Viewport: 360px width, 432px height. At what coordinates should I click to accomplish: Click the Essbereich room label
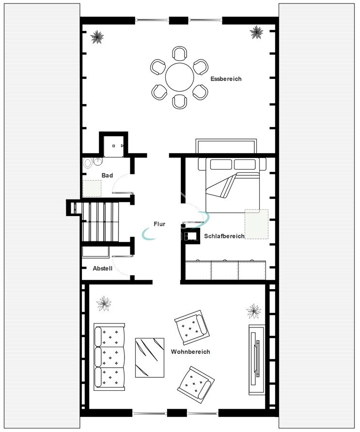(x=226, y=79)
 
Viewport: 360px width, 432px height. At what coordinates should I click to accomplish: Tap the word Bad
(x=107, y=175)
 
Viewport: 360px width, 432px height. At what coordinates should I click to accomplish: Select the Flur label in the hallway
(x=159, y=224)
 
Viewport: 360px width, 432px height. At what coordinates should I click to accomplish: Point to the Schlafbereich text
(x=224, y=236)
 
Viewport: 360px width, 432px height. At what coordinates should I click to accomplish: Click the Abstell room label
(x=103, y=268)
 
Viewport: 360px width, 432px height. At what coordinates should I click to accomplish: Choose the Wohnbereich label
(x=190, y=352)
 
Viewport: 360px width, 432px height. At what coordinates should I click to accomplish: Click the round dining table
(x=179, y=77)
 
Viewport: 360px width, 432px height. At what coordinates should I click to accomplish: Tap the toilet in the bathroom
(x=88, y=163)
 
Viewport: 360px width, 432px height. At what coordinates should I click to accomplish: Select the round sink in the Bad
(x=97, y=161)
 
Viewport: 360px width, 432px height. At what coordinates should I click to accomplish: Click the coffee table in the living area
(x=150, y=357)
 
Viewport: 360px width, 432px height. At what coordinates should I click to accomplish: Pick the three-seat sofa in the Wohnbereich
(x=109, y=357)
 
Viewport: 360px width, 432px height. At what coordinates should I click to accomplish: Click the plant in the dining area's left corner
(x=97, y=37)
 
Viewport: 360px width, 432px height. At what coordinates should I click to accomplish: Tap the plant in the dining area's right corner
(x=256, y=32)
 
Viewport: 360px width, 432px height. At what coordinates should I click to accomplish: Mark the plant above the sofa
(x=104, y=304)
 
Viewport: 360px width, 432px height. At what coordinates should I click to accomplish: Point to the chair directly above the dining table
(x=180, y=54)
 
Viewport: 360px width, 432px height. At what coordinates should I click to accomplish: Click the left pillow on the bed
(x=221, y=165)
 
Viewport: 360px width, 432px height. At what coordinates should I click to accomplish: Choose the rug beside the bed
(x=256, y=224)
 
